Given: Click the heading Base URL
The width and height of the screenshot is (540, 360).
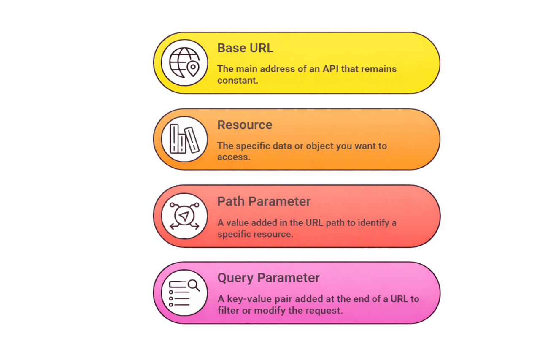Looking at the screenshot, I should (x=245, y=48).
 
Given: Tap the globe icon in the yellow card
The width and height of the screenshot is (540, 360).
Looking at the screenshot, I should (x=184, y=62).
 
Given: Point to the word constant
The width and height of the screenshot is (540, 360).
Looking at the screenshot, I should (x=238, y=80).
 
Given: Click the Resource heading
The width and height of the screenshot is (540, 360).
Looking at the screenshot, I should (x=245, y=125).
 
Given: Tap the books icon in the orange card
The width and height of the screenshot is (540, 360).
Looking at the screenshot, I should (x=184, y=139).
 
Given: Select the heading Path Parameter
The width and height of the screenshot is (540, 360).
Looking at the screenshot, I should (x=264, y=201).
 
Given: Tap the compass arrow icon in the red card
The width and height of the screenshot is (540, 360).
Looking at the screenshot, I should (x=184, y=216).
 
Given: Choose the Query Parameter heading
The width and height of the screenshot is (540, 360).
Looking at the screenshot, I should (x=268, y=278).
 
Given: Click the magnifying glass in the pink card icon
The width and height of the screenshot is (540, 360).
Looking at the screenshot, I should (x=194, y=285).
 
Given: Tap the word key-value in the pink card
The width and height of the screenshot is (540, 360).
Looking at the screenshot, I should (x=247, y=299).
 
